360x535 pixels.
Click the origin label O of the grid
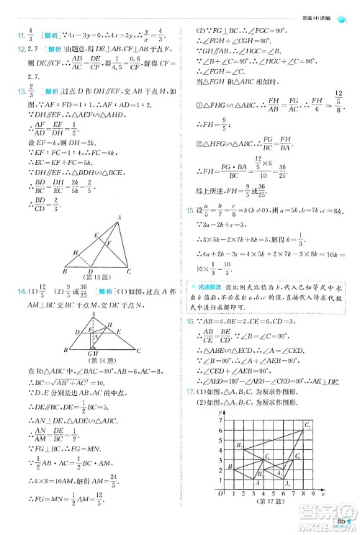(220, 495)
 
